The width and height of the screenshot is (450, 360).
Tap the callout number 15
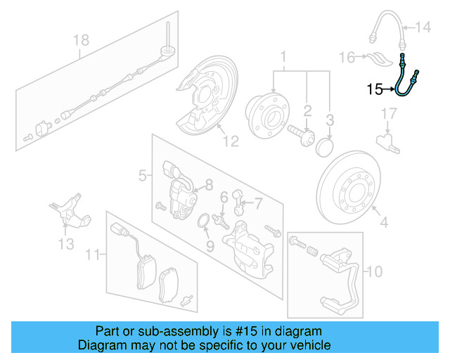coord(374,89)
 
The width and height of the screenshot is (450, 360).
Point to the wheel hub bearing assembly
coord(268,112)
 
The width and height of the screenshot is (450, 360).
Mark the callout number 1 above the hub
coord(284,55)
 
